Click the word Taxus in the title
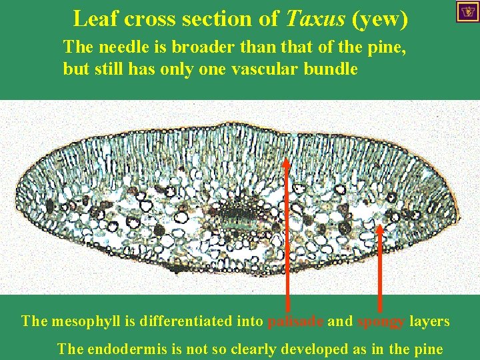tap(314, 19)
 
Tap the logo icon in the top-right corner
tap(467, 11)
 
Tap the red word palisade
tap(295, 321)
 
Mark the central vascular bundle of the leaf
tap(235, 214)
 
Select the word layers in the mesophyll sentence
tap(429, 321)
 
